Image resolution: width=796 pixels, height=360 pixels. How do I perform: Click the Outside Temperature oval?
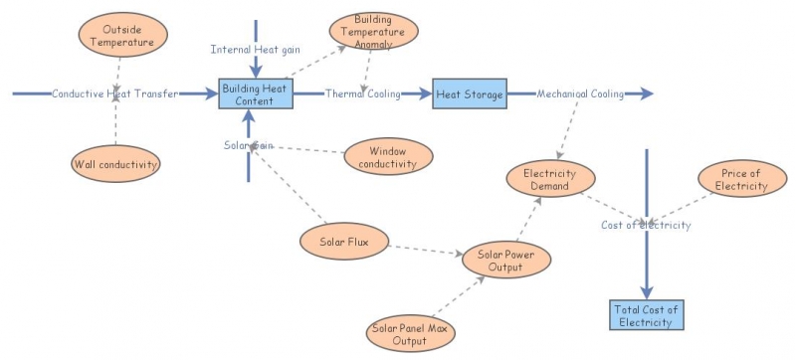tap(117, 36)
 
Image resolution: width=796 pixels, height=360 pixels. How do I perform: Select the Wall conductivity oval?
tap(116, 164)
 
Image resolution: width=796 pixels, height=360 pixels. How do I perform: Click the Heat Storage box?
tap(469, 94)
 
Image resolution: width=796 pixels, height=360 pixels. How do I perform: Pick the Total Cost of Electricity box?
tap(647, 315)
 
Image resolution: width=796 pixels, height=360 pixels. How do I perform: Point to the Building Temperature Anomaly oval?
tap(373, 31)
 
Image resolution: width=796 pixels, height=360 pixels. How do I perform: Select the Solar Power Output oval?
tap(505, 261)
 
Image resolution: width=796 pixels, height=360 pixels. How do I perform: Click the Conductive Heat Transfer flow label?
tap(115, 94)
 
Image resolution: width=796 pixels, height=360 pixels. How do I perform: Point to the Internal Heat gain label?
tap(256, 50)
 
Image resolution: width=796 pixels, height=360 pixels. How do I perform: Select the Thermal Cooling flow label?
tap(362, 94)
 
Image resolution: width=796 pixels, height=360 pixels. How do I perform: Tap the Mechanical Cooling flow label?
tap(580, 94)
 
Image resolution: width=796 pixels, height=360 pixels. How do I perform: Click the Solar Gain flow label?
tap(248, 145)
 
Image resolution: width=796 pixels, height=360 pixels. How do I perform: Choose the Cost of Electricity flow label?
tap(646, 225)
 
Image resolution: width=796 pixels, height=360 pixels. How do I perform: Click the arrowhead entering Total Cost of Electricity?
tap(647, 289)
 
